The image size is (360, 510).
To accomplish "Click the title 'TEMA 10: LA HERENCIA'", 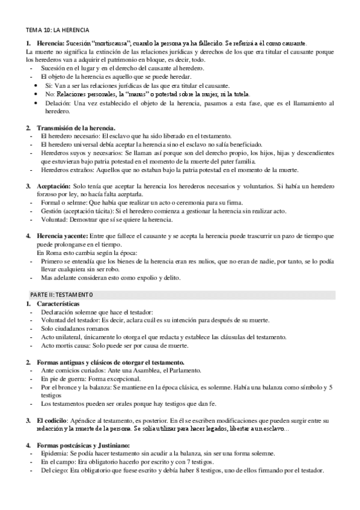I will point(58,29).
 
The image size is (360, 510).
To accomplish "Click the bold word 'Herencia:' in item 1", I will point(50,44).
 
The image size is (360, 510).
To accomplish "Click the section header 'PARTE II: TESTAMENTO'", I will point(62,294).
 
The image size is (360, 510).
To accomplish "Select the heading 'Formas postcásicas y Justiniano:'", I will point(90,444).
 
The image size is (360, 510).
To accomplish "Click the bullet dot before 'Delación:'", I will point(35,103).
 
